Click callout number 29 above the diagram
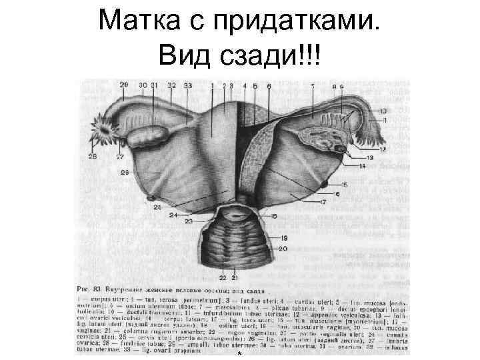tap(123, 85)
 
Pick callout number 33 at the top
tap(188, 85)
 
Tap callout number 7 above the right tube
tap(312, 87)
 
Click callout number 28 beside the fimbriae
tap(93, 157)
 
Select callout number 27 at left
tap(120, 157)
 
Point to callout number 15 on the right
tap(345, 184)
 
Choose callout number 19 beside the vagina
tap(283, 238)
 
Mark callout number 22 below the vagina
tap(223, 277)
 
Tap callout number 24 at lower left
tap(173, 215)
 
